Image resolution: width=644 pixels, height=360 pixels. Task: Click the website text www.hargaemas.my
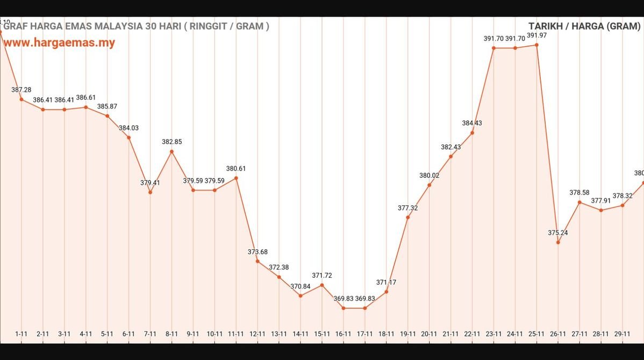coord(60,43)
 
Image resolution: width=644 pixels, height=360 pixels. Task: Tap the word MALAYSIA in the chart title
coord(114,26)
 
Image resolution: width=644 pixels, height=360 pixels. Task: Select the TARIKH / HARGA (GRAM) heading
coord(584,26)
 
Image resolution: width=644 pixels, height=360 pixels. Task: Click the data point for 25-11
coord(536,45)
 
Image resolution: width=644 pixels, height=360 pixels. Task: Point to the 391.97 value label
coord(536,35)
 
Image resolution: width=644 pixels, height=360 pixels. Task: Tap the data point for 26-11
coord(558,242)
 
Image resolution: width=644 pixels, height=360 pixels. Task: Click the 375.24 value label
coord(558,233)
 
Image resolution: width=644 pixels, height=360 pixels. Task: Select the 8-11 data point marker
coord(171,152)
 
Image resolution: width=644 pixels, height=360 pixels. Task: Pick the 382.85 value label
coord(171,142)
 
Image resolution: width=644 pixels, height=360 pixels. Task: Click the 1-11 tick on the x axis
coord(22,334)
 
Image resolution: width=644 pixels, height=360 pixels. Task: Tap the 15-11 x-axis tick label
coord(321,334)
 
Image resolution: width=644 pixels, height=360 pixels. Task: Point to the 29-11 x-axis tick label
coord(622,334)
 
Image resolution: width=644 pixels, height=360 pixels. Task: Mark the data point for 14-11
coord(300,296)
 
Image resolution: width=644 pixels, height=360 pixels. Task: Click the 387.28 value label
coord(22,90)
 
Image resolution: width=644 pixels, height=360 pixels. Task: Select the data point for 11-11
coord(236,178)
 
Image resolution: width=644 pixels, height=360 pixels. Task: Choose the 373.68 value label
coord(257,251)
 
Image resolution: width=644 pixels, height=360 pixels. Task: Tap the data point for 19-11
coord(408,217)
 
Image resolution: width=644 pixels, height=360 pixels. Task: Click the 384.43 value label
coord(472,123)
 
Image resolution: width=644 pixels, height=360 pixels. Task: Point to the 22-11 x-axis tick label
coord(472,334)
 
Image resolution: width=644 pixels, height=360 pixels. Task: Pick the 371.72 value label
coord(321,275)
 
